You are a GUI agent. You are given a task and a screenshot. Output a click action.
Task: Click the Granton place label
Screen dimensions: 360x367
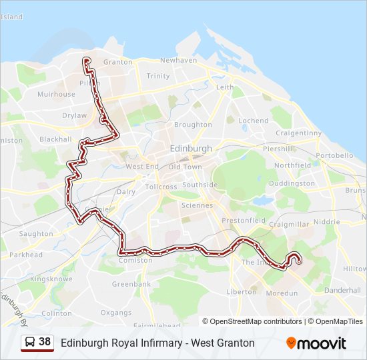[117, 62]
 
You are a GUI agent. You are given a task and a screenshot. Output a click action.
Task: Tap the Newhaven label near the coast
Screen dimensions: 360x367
[178, 60]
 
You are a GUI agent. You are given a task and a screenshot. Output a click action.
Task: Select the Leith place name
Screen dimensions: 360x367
[225, 87]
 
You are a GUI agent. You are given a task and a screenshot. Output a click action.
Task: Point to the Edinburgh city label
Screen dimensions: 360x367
[191, 149]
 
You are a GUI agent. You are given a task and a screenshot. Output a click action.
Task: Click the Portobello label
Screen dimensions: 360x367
[334, 155]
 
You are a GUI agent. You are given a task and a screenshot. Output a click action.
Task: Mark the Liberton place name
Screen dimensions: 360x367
[242, 291]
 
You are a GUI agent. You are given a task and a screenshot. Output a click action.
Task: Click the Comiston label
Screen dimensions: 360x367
[131, 260]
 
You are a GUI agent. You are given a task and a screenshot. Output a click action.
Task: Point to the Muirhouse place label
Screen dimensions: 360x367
[56, 95]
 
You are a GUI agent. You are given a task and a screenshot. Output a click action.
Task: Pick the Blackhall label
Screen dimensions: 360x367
[55, 139]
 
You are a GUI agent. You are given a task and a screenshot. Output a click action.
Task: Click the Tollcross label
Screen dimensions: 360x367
[161, 187]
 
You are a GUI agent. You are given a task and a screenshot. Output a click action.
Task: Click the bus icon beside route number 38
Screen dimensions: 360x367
[29, 342]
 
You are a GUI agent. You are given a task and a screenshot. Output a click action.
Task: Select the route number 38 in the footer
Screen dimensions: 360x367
[45, 342]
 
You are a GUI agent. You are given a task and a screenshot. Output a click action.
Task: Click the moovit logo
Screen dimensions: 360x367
[316, 343]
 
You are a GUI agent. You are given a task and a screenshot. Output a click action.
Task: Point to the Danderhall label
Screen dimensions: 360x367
[342, 291]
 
